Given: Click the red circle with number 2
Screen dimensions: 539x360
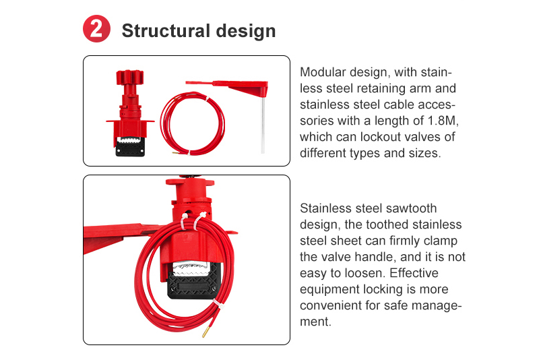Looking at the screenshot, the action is tap(96, 28).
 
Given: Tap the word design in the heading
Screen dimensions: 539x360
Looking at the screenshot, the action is tap(246, 31).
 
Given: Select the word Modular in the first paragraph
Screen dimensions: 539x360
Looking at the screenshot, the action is tap(321, 72).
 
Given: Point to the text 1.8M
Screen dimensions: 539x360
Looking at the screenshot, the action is tap(443, 121).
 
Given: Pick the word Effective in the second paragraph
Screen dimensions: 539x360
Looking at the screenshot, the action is tap(414, 273).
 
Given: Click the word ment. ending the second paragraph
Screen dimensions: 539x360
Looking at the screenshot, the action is tap(315, 322).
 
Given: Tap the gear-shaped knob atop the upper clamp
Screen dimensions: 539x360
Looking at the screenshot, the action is tap(129, 78).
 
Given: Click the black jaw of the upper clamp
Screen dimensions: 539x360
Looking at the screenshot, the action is tap(130, 147).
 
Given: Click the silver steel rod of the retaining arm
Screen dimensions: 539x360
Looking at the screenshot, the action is tap(263, 125).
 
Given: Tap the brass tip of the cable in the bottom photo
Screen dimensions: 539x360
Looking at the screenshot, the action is tap(205, 332).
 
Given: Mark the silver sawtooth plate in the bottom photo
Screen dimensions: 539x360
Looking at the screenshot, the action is tap(191, 269).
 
